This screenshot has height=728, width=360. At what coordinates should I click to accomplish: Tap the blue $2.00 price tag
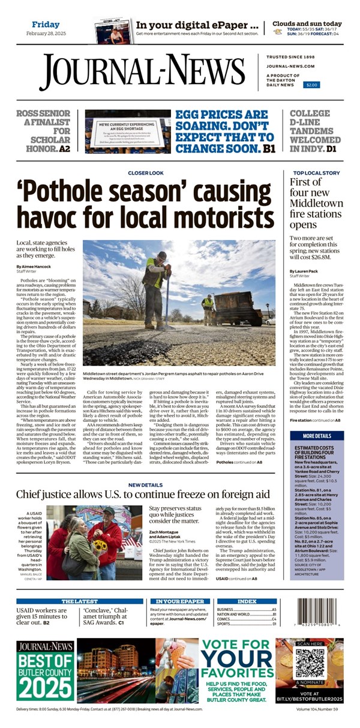[311, 85]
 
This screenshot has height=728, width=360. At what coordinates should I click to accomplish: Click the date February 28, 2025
[46, 34]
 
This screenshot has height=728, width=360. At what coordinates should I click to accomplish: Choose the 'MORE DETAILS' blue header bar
[316, 436]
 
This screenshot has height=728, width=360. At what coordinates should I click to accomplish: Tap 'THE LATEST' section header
[79, 601]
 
